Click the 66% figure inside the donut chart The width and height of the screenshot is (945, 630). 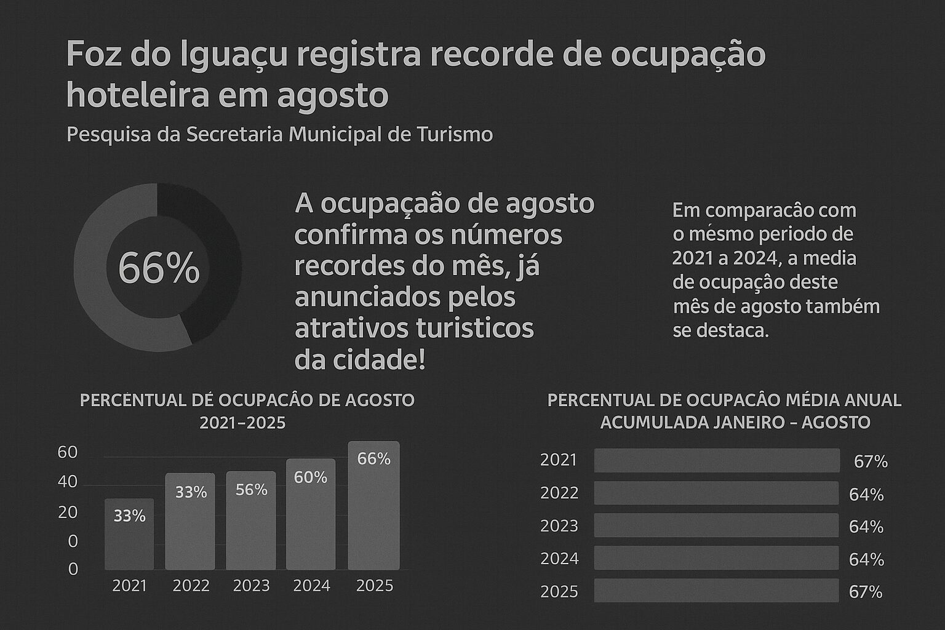(x=159, y=268)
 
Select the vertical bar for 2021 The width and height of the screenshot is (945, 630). (x=129, y=534)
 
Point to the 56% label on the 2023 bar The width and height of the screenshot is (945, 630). (x=251, y=490)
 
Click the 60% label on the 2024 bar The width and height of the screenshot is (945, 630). (x=311, y=477)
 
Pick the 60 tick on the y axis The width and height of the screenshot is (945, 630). (x=68, y=453)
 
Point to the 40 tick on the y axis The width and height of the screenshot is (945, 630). (x=68, y=482)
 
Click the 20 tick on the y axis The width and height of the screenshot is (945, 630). (x=68, y=512)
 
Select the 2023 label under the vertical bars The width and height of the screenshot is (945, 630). (x=251, y=586)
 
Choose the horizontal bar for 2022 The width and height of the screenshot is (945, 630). (x=716, y=493)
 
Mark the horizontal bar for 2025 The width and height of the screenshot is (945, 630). (x=716, y=591)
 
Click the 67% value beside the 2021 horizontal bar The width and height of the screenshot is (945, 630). (x=871, y=461)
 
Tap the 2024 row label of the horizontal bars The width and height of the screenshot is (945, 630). (x=559, y=559)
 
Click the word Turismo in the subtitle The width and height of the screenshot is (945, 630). (x=455, y=134)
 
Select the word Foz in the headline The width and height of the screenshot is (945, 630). (x=91, y=54)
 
